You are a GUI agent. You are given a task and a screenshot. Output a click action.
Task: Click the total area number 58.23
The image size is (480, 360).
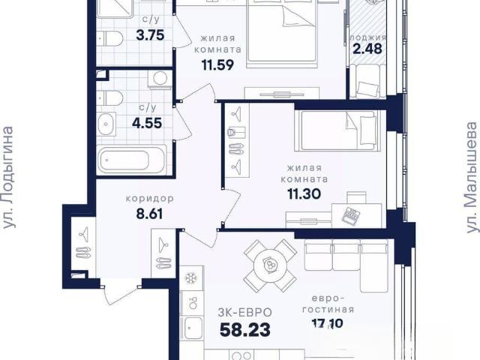click(245, 330)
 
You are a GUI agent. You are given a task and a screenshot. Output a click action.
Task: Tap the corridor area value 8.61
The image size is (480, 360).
click(150, 214)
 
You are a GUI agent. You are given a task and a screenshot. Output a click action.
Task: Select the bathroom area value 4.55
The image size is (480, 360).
click(147, 123)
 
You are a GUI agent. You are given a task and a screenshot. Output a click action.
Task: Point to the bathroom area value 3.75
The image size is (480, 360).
click(150, 35)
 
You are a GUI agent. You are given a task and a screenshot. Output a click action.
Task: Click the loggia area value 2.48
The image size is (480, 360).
click(367, 49)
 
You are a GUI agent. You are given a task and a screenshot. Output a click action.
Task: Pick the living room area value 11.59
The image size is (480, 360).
click(217, 64)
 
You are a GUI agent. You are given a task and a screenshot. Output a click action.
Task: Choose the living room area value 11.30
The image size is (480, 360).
click(304, 193)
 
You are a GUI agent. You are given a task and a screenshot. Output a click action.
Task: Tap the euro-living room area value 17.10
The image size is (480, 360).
click(328, 323)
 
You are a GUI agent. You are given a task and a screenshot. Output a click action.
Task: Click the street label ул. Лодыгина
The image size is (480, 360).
click(8, 177)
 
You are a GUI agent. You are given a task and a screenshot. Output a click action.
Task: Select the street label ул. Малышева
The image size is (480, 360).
click(472, 178)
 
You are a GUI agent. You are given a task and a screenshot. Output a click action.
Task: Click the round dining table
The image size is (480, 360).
click(270, 265)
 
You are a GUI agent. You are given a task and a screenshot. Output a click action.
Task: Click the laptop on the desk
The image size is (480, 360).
click(350, 215)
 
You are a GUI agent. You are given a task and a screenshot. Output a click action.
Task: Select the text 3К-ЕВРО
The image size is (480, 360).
click(245, 313)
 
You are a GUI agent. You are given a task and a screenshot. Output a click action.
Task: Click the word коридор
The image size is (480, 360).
click(150, 199)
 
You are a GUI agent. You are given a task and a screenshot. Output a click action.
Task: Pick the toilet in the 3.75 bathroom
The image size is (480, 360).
click(110, 38)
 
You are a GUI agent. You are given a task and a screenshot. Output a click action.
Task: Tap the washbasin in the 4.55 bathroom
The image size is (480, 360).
click(106, 124)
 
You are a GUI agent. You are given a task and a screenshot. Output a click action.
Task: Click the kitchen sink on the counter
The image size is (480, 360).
click(191, 328)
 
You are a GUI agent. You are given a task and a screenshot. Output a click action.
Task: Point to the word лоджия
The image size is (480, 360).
click(368, 37)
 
